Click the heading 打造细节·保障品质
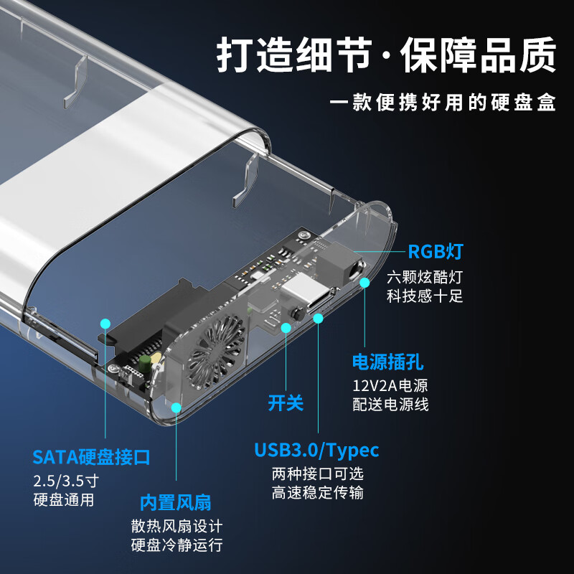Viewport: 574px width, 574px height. (x=387, y=55)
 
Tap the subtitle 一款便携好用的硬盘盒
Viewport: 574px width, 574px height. (x=443, y=102)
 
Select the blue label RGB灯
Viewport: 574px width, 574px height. (x=436, y=252)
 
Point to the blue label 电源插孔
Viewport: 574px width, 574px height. (x=387, y=361)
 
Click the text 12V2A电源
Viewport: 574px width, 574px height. (x=390, y=385)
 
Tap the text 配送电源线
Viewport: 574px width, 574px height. (x=390, y=405)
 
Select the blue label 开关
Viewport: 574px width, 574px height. (x=286, y=403)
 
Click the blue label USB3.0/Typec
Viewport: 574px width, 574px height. (x=316, y=450)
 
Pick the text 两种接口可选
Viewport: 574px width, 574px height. (x=318, y=474)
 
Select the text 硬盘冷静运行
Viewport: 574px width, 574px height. (x=177, y=544)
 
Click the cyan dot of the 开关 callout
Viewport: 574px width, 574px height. (x=286, y=328)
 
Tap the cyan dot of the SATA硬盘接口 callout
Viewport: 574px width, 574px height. (x=105, y=324)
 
